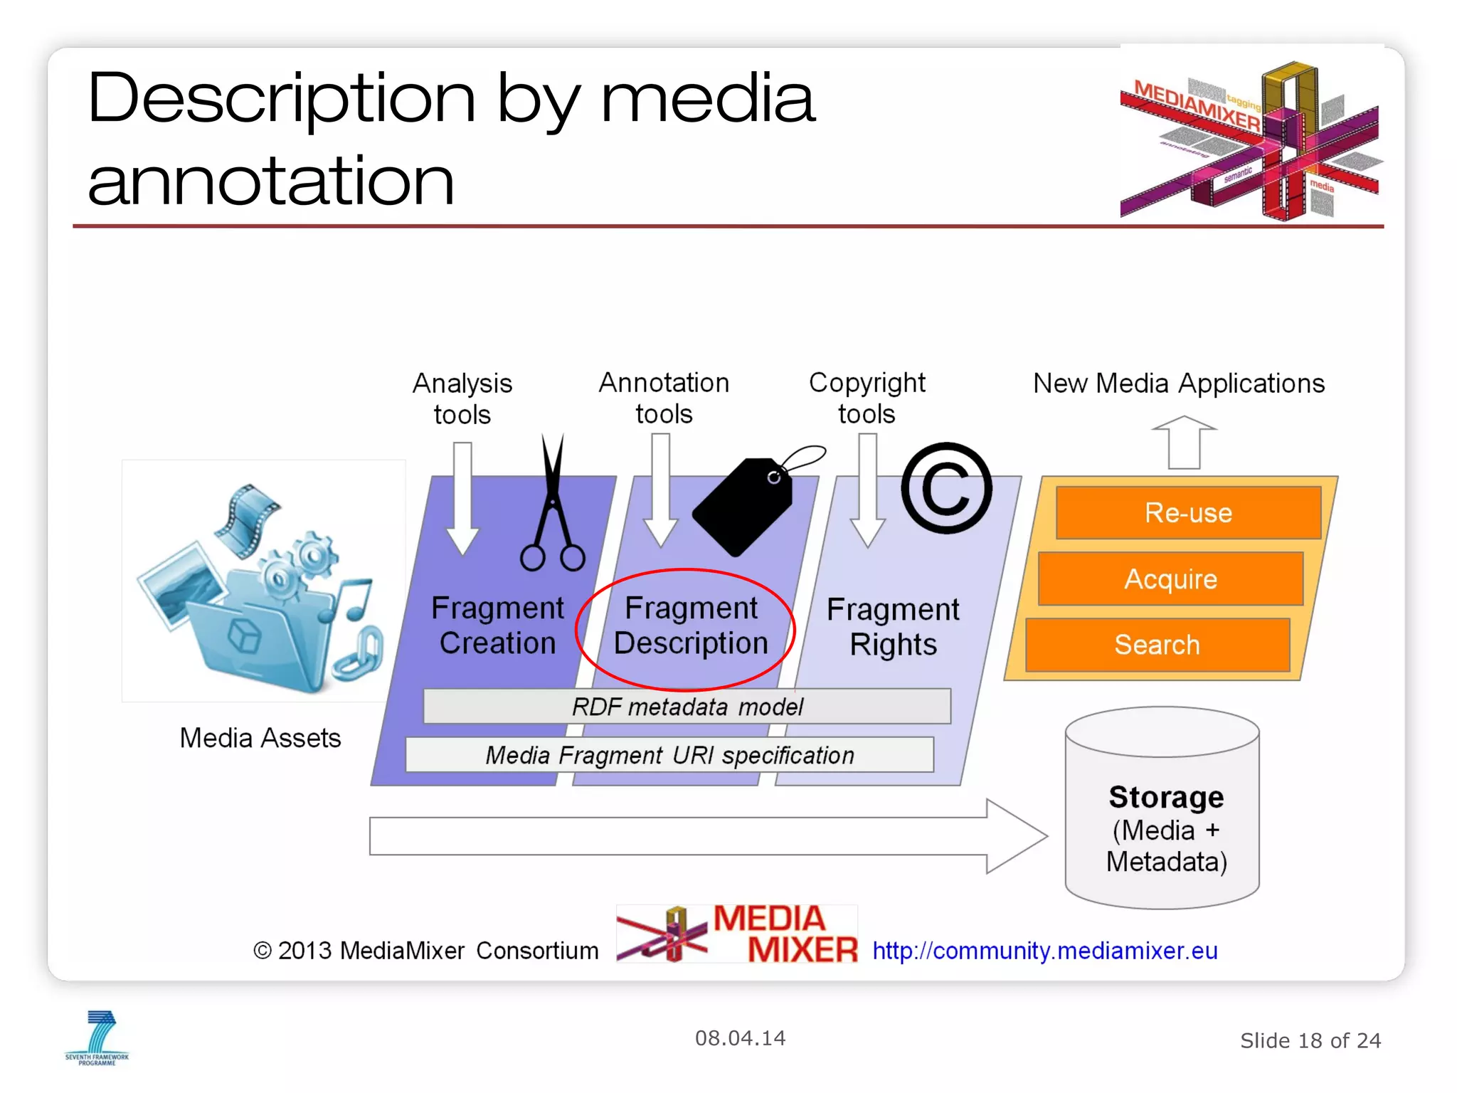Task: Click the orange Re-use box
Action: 1188,513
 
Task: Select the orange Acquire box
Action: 1170,579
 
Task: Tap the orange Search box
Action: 1157,645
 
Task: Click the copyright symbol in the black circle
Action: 946,488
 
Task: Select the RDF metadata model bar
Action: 687,707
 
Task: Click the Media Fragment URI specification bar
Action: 669,755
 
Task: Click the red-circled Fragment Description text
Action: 690,626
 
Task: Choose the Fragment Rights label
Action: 893,627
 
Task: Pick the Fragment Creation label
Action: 497,625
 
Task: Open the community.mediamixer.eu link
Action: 1045,951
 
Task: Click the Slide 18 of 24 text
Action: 1310,1041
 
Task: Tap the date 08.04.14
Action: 740,1038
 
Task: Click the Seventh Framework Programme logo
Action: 97,1038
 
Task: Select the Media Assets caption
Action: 260,738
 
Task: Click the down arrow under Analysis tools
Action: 462,498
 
